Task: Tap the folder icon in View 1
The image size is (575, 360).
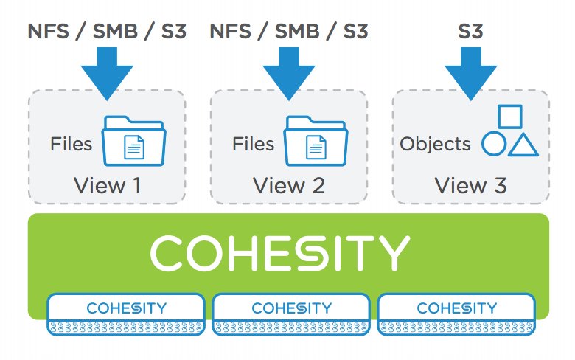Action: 134,140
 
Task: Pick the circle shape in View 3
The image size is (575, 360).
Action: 493,144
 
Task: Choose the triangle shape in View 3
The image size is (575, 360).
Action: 523,145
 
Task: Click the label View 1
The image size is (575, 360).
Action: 107,185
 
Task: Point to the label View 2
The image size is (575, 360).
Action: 289,185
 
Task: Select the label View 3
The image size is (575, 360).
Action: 470,185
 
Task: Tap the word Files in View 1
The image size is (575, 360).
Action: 72,143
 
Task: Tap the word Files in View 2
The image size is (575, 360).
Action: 254,143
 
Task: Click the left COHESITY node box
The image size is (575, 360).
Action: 126,314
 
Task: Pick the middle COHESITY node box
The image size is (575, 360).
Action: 291,314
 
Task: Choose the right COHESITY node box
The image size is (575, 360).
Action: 456,314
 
